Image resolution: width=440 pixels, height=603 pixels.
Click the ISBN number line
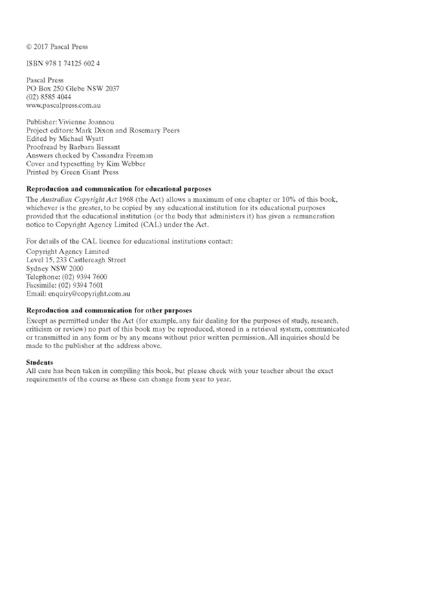click(x=63, y=63)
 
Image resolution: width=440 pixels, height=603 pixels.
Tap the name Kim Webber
click(x=122, y=164)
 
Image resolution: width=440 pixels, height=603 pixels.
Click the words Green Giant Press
click(x=87, y=172)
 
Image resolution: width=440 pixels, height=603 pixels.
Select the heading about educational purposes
click(x=118, y=188)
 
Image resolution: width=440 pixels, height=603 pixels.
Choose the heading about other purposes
click(x=109, y=310)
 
